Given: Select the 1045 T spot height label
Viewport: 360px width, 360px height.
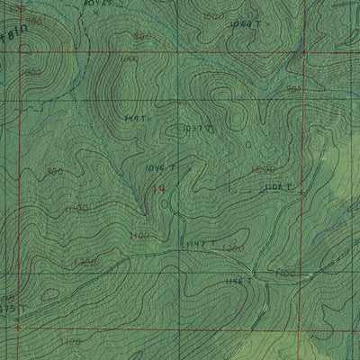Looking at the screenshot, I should coord(157,167).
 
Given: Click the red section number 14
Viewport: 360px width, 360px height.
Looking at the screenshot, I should coord(159,188).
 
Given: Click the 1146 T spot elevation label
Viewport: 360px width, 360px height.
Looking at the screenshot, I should coord(239,282).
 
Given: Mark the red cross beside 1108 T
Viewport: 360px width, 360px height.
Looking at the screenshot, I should coord(301,193).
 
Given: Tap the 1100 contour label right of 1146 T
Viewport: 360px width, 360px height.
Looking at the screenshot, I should coord(286,272).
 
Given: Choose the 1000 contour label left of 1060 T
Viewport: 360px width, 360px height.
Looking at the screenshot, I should coord(214,16).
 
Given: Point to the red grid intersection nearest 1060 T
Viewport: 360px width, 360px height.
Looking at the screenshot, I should coord(302,53).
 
